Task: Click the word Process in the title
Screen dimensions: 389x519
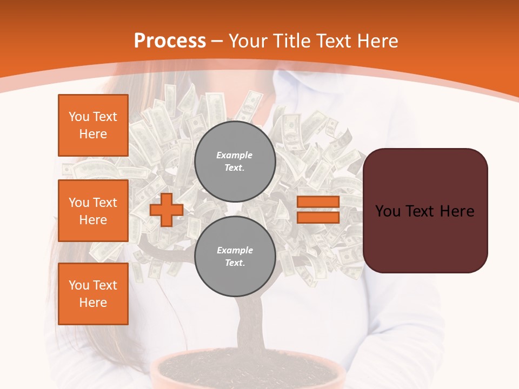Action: pyautogui.click(x=170, y=41)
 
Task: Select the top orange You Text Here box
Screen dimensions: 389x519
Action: pyautogui.click(x=93, y=125)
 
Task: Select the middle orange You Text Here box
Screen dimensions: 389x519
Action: pyautogui.click(x=93, y=211)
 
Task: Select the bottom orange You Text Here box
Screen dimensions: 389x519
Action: pyautogui.click(x=93, y=293)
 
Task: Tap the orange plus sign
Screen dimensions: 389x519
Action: pyautogui.click(x=167, y=210)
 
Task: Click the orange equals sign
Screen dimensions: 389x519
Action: pyautogui.click(x=318, y=210)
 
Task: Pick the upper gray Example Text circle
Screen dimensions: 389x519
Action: pyautogui.click(x=235, y=161)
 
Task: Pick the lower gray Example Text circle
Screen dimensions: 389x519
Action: pyautogui.click(x=235, y=256)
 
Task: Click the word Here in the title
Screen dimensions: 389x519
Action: pyautogui.click(x=376, y=41)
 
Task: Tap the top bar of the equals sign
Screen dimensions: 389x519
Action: pyautogui.click(x=318, y=202)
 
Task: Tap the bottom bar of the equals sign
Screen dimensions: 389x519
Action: pyautogui.click(x=318, y=217)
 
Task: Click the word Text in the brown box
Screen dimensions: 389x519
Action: pyautogui.click(x=424, y=211)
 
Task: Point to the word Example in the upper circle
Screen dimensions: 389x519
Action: pyautogui.click(x=234, y=155)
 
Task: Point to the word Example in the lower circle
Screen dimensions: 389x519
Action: pyautogui.click(x=235, y=250)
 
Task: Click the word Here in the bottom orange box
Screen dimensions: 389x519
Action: pyautogui.click(x=93, y=303)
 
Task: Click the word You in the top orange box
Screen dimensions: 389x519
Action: pyautogui.click(x=79, y=117)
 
